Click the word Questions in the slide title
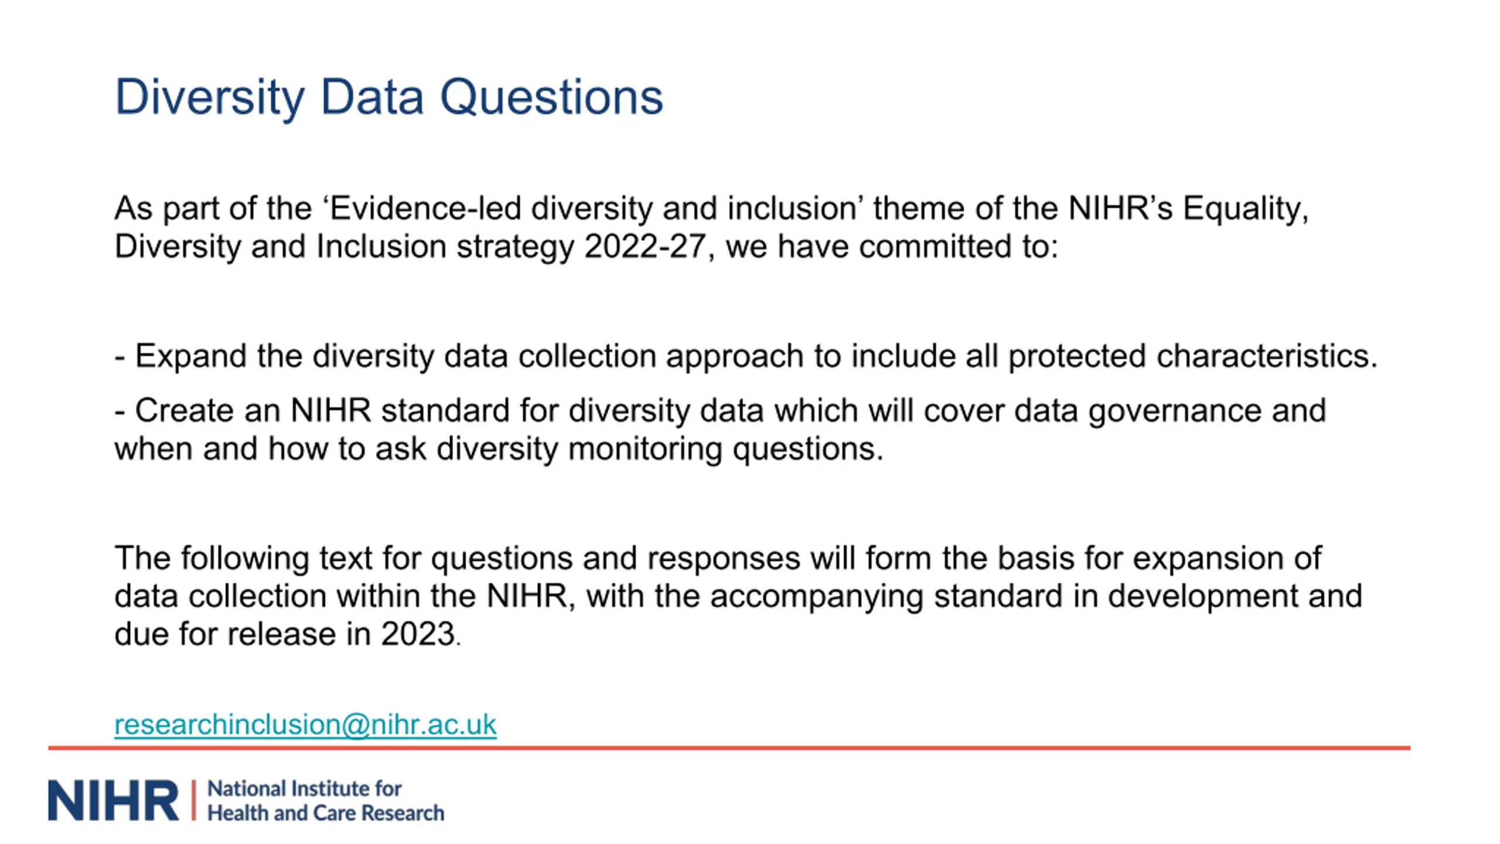(551, 97)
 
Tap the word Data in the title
(372, 97)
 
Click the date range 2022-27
(645, 246)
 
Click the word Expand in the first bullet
(190, 357)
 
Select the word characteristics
(1267, 356)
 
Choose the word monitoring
(645, 450)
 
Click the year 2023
(418, 635)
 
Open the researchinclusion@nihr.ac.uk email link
(305, 724)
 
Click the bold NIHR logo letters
(113, 800)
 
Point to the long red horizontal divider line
(729, 748)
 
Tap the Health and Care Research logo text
(326, 814)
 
